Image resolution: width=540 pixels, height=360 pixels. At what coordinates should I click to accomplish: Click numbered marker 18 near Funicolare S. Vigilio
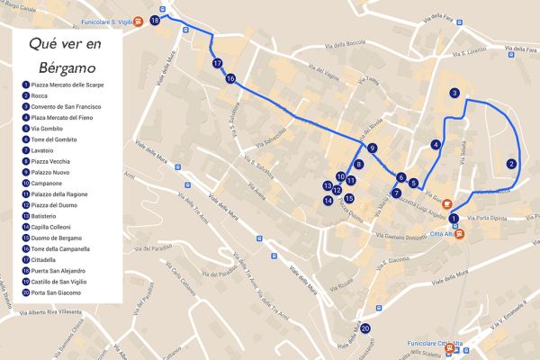coord(156,20)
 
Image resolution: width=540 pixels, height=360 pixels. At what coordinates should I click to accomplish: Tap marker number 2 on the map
coord(511,164)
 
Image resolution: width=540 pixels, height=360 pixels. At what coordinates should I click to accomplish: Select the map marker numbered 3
coord(455,93)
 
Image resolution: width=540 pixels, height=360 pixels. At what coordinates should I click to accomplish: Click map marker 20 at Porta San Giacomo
coord(365,329)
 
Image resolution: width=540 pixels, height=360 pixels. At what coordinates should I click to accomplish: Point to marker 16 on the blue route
coord(230,78)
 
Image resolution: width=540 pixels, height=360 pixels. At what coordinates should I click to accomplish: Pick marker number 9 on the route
coord(372,148)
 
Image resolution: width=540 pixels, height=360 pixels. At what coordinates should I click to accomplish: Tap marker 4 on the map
coord(436,144)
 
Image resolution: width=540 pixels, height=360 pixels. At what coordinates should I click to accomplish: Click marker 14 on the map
coord(328,200)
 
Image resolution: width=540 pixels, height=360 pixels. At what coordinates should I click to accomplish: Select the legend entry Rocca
coord(40,95)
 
